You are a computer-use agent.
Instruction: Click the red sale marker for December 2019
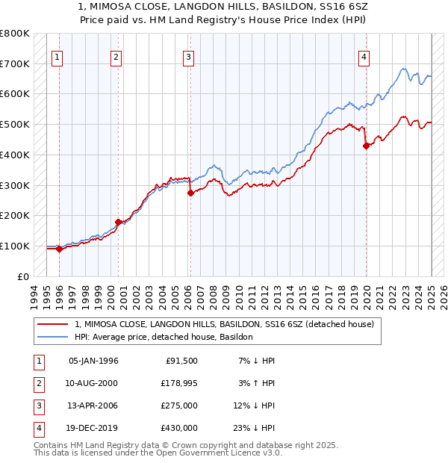coord(367,146)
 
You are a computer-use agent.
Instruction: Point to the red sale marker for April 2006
coord(190,193)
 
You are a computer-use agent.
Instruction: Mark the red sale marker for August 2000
coord(118,222)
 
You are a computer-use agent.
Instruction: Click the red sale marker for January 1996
coord(59,249)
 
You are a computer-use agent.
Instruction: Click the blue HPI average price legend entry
coord(164,337)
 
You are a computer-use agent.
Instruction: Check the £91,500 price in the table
coord(181,361)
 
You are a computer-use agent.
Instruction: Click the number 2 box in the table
coord(37,383)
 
